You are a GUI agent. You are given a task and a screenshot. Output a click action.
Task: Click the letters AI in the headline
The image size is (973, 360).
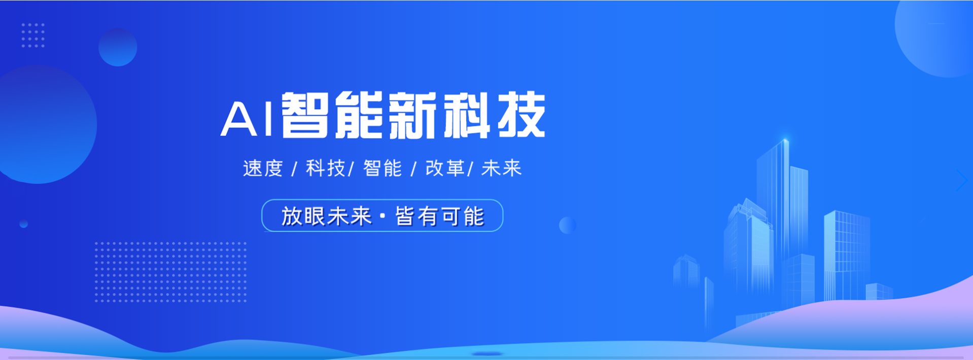[247, 119]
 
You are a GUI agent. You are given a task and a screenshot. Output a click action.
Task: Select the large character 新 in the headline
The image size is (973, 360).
[412, 115]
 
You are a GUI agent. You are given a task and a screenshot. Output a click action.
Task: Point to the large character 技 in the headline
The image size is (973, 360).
[522, 115]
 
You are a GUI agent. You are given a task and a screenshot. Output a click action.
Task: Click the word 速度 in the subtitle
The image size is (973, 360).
[263, 168]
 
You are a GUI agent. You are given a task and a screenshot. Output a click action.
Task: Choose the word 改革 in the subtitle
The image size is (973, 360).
[445, 168]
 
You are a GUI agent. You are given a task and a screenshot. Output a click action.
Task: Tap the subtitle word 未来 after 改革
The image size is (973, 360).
[502, 168]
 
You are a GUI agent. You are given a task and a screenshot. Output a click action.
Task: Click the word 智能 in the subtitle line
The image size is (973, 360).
[383, 168]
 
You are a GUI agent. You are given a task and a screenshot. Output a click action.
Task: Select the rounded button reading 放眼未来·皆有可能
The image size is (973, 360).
[382, 215]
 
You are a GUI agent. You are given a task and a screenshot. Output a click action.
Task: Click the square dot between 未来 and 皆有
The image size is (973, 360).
[383, 217]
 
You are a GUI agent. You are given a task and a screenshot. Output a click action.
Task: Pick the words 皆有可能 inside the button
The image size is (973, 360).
[439, 217]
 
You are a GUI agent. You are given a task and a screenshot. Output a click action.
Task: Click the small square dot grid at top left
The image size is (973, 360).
[33, 35]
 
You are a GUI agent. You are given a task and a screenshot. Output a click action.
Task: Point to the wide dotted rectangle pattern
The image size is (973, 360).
[170, 272]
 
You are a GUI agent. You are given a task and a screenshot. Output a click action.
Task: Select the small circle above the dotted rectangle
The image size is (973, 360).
[118, 47]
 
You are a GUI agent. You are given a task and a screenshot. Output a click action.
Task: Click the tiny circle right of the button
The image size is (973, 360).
[568, 225]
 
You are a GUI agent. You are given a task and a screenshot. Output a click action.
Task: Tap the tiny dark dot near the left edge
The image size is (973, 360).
[23, 224]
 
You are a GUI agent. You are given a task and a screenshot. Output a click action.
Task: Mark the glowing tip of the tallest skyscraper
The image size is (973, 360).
[785, 140]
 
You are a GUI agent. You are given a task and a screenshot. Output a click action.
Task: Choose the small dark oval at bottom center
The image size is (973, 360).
[486, 353]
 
